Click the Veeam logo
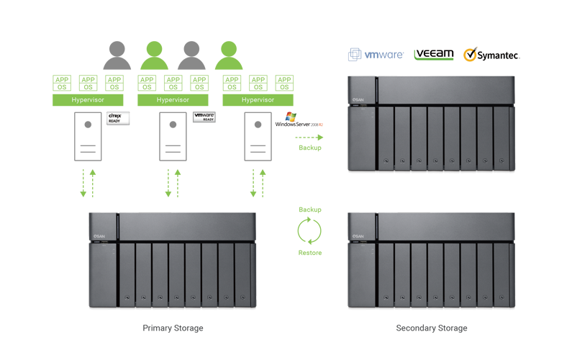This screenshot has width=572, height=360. coord(434,55)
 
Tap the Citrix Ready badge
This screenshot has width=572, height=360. coord(117,118)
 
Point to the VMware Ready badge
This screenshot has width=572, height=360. coord(204,118)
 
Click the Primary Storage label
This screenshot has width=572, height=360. coord(173,328)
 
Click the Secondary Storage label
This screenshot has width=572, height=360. coord(432,328)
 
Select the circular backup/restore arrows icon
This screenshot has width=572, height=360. coord(309,231)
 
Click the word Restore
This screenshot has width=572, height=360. coord(309,253)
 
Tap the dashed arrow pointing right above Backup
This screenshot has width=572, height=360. coord(309,136)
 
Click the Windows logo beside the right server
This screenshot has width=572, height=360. coord(290,117)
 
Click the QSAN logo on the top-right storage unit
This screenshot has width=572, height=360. coord(358,99)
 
